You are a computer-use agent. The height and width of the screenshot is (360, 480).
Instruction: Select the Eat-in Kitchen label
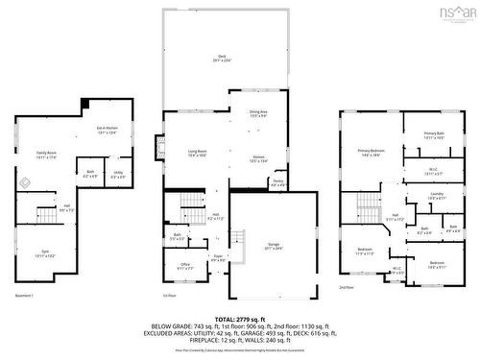coord(107,131)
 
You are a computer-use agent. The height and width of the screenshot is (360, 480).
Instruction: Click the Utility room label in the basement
coord(118,176)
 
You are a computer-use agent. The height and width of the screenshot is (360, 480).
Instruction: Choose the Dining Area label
coord(258,114)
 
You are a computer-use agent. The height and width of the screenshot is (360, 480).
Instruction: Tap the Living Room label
coord(197,153)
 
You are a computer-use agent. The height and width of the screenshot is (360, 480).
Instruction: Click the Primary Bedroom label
coord(372,152)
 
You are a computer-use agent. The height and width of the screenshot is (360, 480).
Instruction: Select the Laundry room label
coord(437,196)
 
